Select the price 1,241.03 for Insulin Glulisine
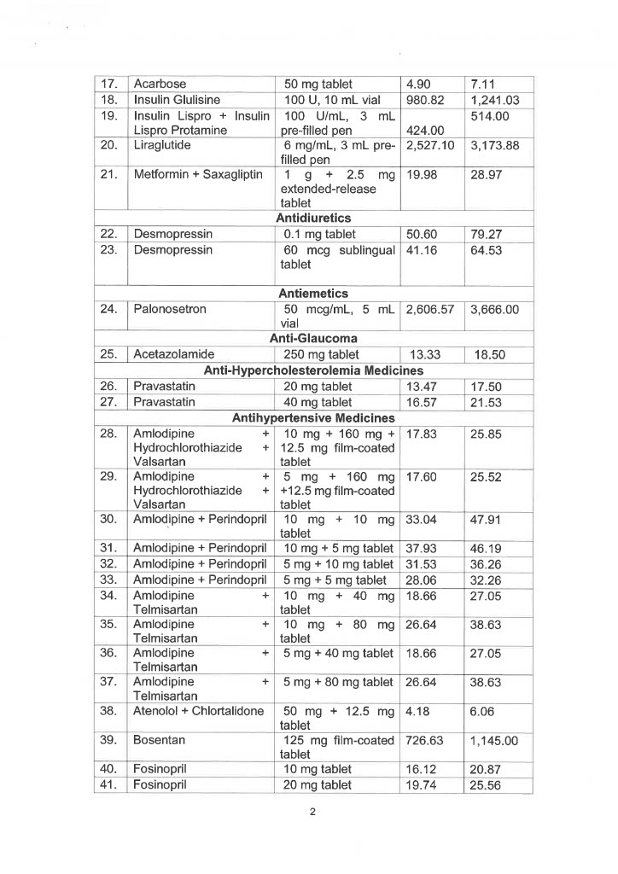[x=495, y=101]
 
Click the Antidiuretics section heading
[x=313, y=218]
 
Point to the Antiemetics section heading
[x=313, y=294]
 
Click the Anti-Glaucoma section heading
[x=313, y=339]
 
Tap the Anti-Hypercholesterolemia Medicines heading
[x=313, y=370]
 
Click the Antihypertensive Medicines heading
[x=313, y=418]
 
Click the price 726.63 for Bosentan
[x=424, y=740]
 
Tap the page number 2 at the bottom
[x=313, y=811]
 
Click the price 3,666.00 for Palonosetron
[x=495, y=309]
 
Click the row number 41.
[x=108, y=786]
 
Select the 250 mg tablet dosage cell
[x=321, y=354]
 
